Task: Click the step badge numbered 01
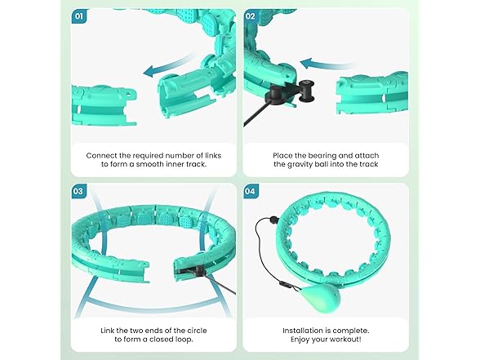79,16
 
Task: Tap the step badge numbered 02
251,16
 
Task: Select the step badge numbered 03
78,191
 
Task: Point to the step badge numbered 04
251,191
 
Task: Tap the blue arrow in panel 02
326,64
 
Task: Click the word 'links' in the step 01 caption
213,155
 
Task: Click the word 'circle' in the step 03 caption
197,331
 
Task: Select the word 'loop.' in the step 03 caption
184,340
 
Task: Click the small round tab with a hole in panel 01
131,92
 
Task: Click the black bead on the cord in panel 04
273,219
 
